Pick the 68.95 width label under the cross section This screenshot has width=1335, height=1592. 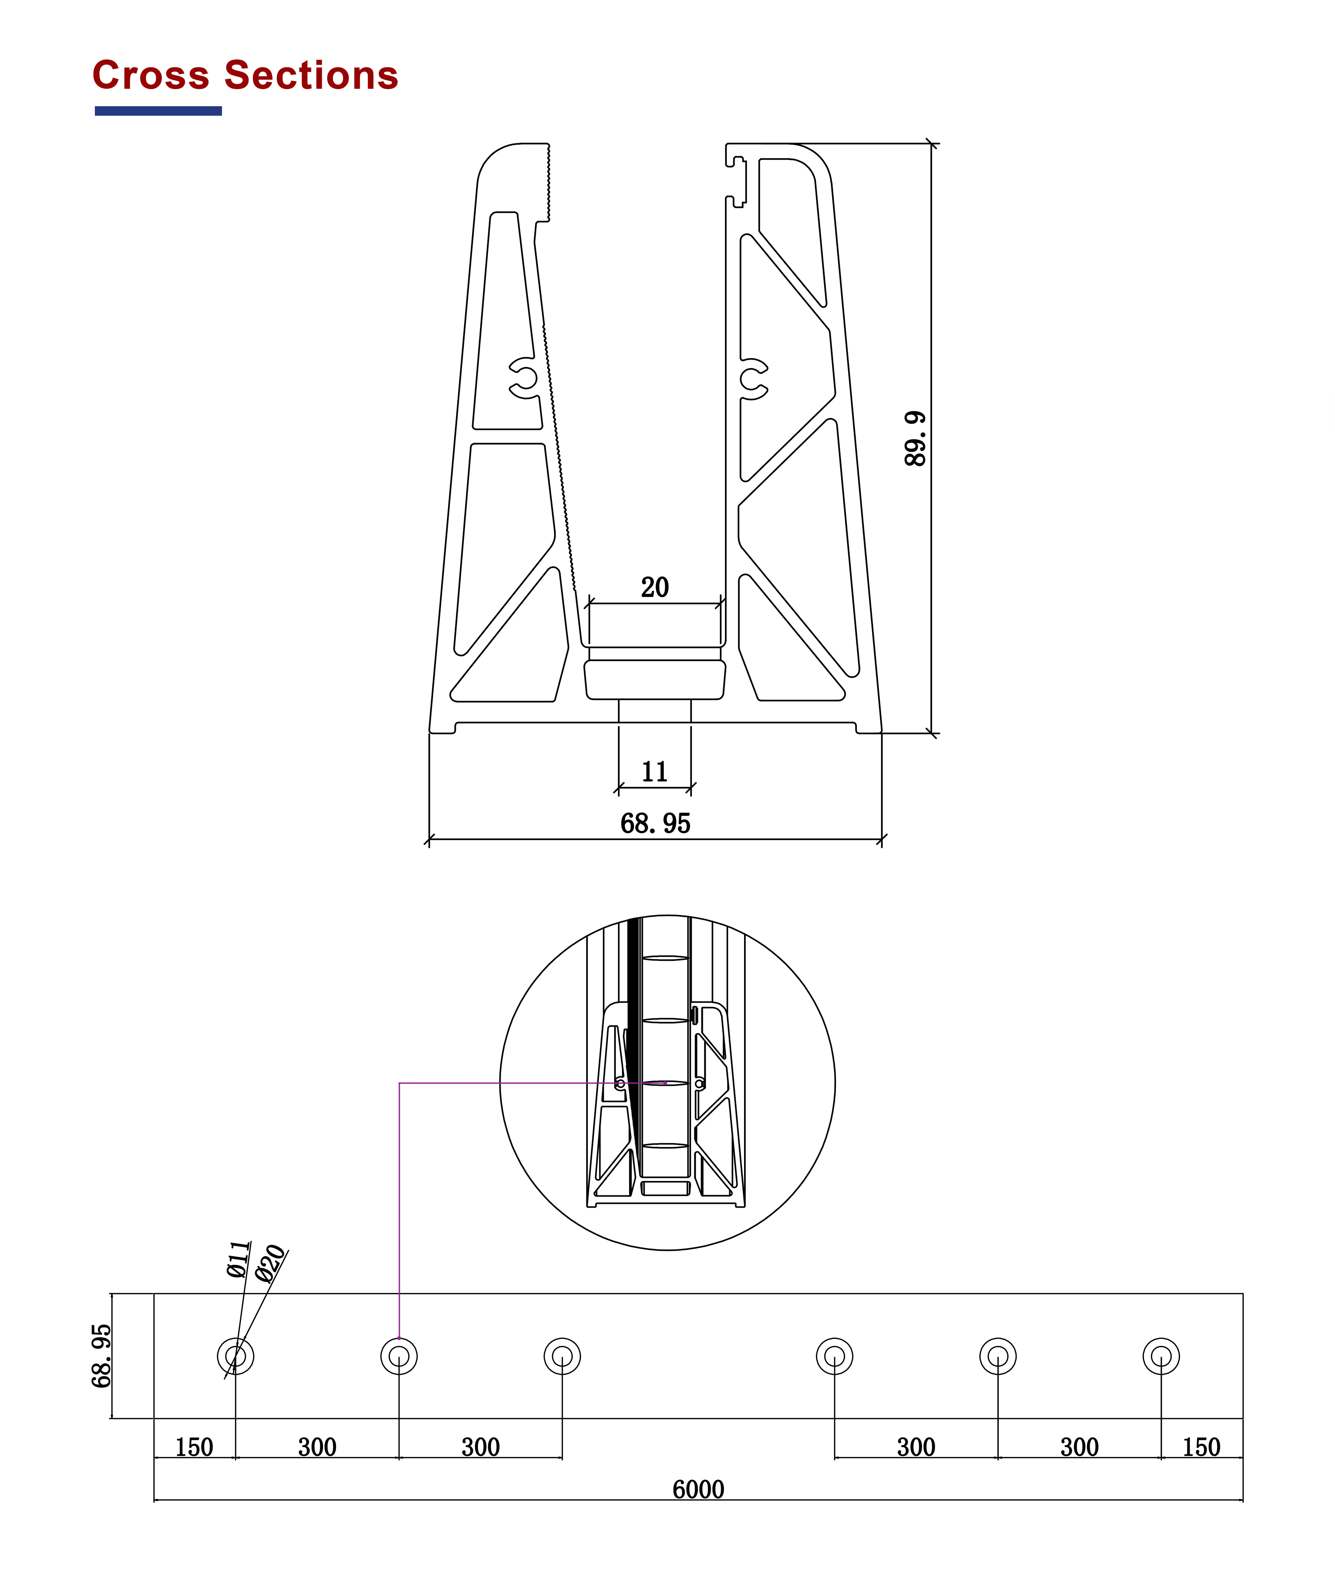pos(655,823)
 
